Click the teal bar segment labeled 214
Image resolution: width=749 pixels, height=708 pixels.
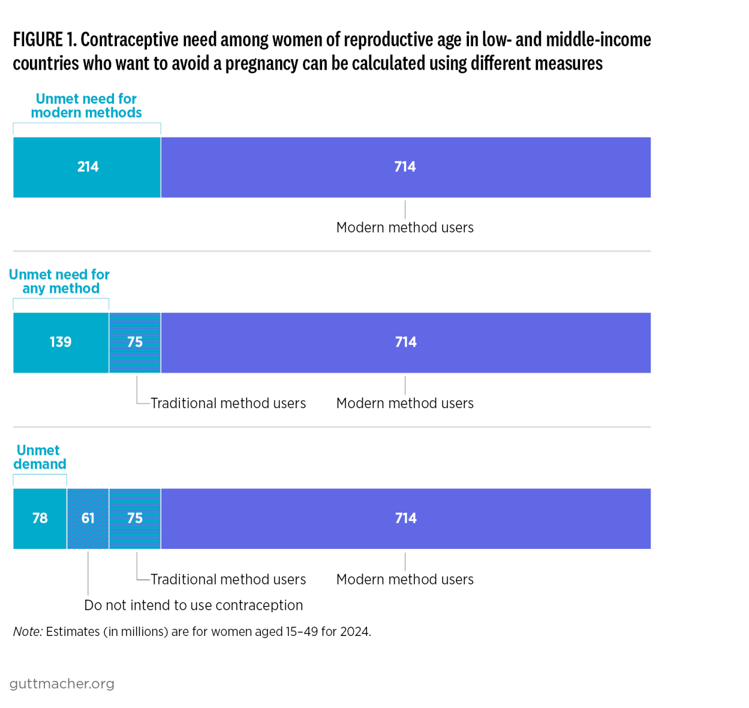87,167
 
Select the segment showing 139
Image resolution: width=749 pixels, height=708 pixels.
60,342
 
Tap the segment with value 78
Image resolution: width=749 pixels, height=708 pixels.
40,518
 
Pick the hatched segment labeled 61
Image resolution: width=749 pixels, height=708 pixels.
88,518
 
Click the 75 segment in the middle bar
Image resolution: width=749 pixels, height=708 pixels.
135,342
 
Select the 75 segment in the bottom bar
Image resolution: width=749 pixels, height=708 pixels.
135,518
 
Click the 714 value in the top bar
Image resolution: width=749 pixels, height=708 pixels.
405,167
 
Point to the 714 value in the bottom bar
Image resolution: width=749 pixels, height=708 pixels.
406,518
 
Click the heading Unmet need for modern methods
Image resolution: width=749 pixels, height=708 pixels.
86,106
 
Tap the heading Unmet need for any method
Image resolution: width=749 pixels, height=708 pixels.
60,281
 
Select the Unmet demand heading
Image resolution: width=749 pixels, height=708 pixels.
39,457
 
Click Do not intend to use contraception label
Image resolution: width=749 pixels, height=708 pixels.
194,605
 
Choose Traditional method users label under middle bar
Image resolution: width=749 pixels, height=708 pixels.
228,404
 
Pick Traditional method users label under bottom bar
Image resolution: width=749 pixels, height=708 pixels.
228,579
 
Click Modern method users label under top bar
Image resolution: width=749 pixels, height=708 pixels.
405,228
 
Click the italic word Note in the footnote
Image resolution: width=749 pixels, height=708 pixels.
27,632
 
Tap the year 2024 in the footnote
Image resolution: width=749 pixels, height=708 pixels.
354,632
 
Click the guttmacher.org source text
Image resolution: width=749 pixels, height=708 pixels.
62,684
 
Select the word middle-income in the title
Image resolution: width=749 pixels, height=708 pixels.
599,40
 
